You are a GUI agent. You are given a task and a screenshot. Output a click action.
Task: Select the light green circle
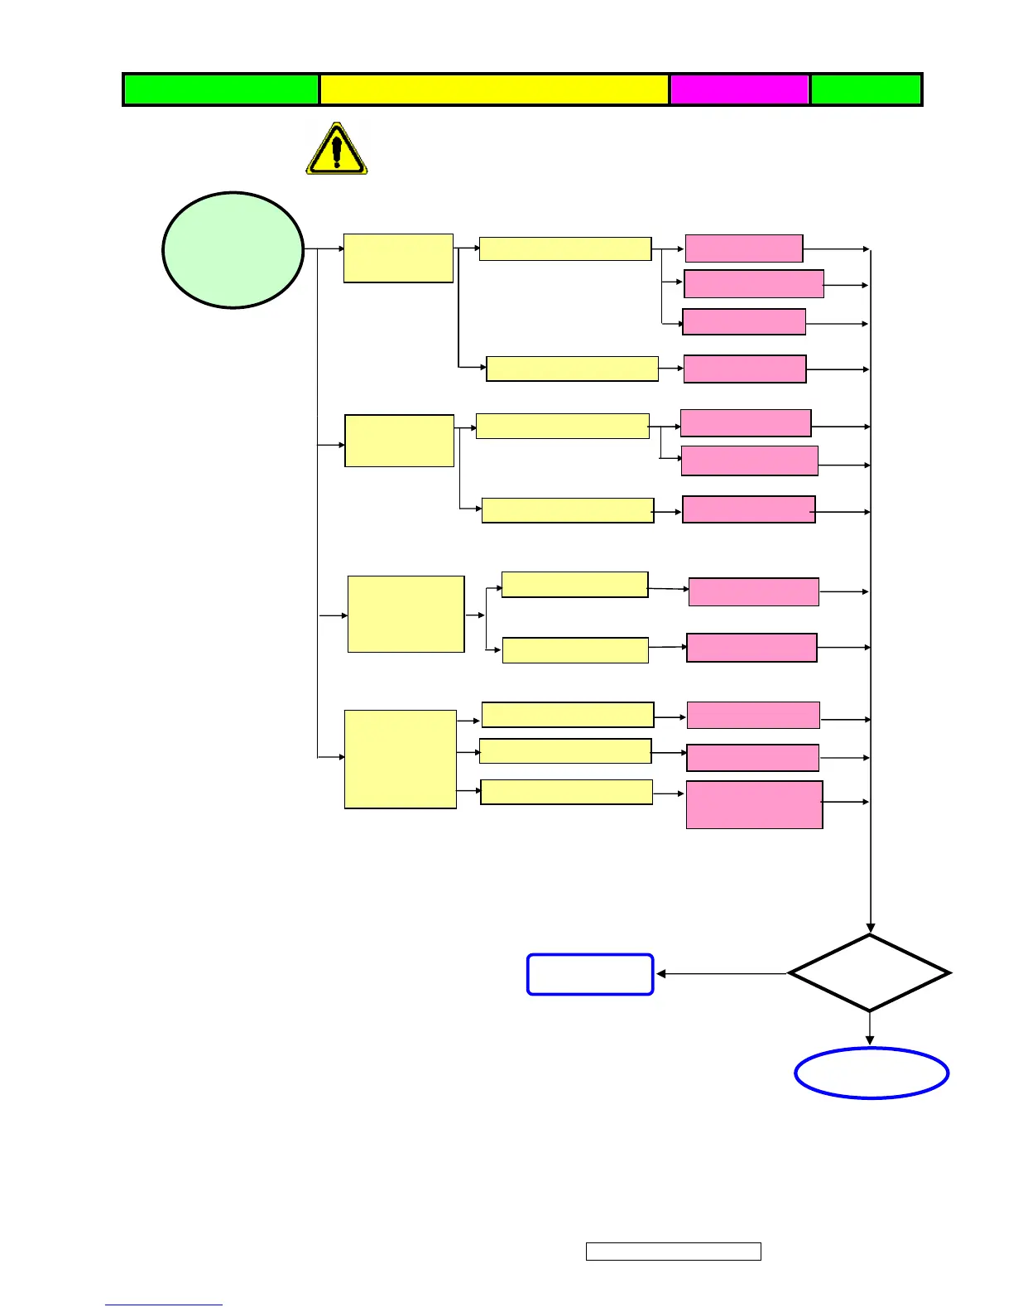(233, 250)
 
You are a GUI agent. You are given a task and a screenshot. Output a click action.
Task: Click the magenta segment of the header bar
(739, 89)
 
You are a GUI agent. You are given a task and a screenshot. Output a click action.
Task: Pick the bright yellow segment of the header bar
(494, 89)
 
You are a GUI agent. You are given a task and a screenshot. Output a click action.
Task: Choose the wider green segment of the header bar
(221, 89)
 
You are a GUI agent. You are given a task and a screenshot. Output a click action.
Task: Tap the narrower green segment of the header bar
(866, 89)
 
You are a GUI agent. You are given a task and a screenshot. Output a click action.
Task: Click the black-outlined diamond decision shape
(869, 973)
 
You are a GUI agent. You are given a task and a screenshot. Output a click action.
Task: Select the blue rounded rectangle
(590, 974)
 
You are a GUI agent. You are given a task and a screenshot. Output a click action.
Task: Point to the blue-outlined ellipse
(871, 1073)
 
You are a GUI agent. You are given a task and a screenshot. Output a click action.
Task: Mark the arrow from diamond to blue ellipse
(870, 1029)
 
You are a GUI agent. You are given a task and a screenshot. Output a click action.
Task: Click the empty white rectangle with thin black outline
(673, 1252)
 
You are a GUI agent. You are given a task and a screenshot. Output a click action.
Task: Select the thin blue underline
(164, 1305)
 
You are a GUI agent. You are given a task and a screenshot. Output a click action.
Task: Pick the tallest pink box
(754, 804)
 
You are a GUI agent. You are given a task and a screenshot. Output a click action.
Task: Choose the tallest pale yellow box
(401, 759)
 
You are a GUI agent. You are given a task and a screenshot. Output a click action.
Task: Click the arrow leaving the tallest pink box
(845, 802)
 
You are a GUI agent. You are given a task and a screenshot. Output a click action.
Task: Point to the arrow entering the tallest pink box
(670, 793)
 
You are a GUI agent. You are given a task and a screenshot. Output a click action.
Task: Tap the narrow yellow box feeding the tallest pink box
(566, 792)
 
